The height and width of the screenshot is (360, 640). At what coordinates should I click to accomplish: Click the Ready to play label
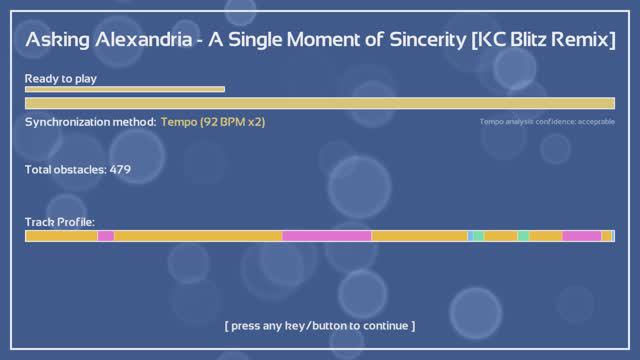tap(61, 77)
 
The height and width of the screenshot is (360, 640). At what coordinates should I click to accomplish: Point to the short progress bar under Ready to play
tap(124, 89)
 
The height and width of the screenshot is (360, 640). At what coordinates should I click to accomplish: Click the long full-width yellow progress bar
tap(319, 103)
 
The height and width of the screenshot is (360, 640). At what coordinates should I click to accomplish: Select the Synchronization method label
tap(90, 122)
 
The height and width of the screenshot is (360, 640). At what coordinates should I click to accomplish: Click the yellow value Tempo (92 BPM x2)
tap(213, 122)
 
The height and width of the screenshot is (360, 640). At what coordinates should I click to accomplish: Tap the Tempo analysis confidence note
tap(546, 122)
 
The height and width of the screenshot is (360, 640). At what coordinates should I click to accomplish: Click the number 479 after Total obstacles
tap(120, 170)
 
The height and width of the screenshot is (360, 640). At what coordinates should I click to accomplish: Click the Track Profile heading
tap(59, 222)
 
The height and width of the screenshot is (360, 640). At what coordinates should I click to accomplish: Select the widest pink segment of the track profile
tap(327, 236)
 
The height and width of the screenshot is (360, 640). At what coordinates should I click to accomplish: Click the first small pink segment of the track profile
tap(106, 236)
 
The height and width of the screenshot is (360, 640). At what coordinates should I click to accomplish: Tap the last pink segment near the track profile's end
tap(581, 236)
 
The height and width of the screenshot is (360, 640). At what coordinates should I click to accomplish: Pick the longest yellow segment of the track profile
tap(198, 236)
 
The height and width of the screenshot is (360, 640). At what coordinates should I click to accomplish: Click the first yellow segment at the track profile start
tap(61, 236)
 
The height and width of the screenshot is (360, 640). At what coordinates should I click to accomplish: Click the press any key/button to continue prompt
tap(319, 326)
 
